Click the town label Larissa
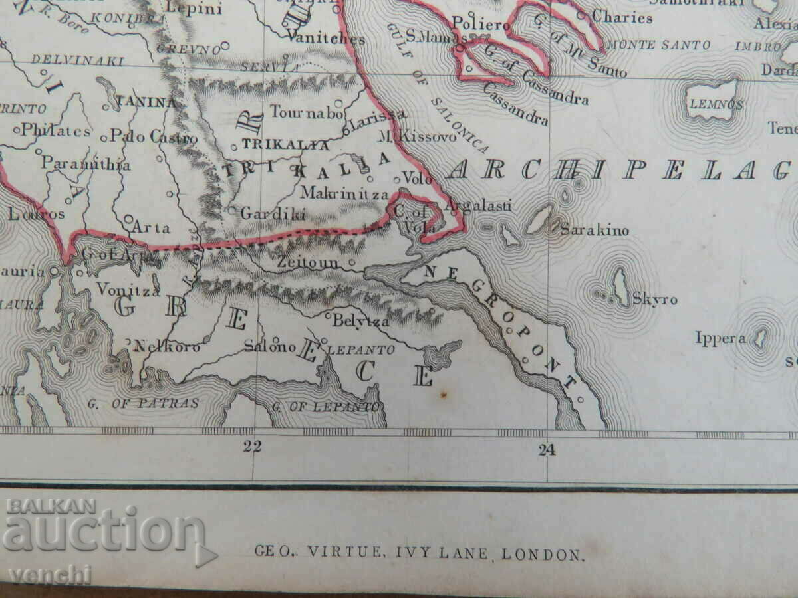point(377,114)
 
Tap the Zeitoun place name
point(308,264)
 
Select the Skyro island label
point(655,300)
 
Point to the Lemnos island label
point(716,104)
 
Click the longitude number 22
point(252,447)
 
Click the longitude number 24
point(547,451)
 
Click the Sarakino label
point(595,231)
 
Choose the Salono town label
point(269,346)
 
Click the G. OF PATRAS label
point(143,403)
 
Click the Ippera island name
point(720,338)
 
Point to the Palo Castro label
point(154,138)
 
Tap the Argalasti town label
point(479,206)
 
